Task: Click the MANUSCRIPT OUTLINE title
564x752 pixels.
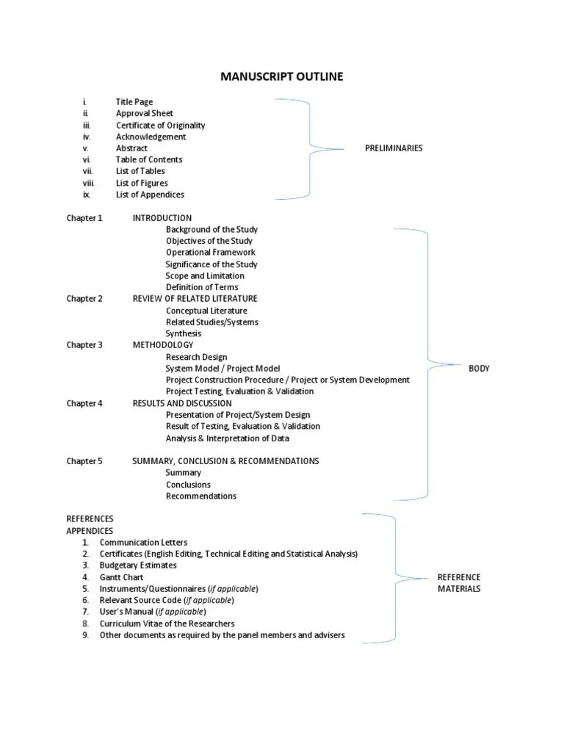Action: tap(282, 76)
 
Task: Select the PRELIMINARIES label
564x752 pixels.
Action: tap(394, 148)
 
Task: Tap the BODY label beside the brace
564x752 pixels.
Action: tap(479, 369)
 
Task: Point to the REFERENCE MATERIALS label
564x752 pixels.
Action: tap(459, 583)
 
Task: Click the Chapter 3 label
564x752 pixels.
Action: tap(84, 345)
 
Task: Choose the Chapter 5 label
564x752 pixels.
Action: tap(84, 461)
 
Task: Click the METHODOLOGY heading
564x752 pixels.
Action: tap(163, 345)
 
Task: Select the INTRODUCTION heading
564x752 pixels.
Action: tap(162, 218)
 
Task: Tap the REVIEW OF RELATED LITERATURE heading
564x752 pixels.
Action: tap(195, 299)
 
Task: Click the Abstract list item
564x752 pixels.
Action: tap(131, 148)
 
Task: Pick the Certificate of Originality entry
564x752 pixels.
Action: tap(160, 126)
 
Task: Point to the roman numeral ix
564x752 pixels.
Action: tap(86, 195)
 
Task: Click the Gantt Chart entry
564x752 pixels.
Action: tap(121, 577)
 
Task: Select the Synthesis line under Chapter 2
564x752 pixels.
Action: tap(183, 333)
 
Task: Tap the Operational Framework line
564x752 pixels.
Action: tap(210, 253)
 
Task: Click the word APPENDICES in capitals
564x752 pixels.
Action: tap(90, 530)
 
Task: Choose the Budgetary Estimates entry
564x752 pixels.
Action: tap(138, 565)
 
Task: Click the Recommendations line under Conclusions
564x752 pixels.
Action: tap(200, 496)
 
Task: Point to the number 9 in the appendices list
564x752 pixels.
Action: tap(85, 635)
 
